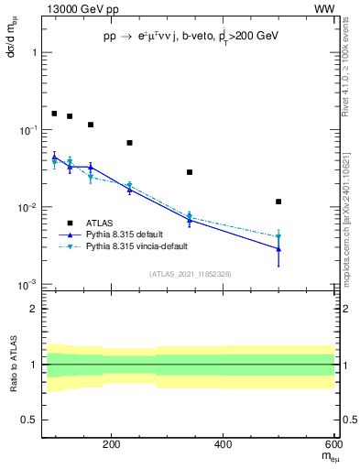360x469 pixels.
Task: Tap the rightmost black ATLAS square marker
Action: [x=278, y=202]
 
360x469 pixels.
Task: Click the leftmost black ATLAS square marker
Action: [x=54, y=114]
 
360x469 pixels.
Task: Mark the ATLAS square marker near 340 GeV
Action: [x=190, y=172]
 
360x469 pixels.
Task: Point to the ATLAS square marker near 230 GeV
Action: [x=129, y=143]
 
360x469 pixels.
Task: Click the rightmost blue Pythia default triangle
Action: [x=278, y=249]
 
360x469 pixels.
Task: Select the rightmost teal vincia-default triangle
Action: [x=278, y=236]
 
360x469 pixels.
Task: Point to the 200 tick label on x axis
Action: [x=112, y=445]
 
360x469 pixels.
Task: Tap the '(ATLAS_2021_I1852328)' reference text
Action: [x=189, y=274]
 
